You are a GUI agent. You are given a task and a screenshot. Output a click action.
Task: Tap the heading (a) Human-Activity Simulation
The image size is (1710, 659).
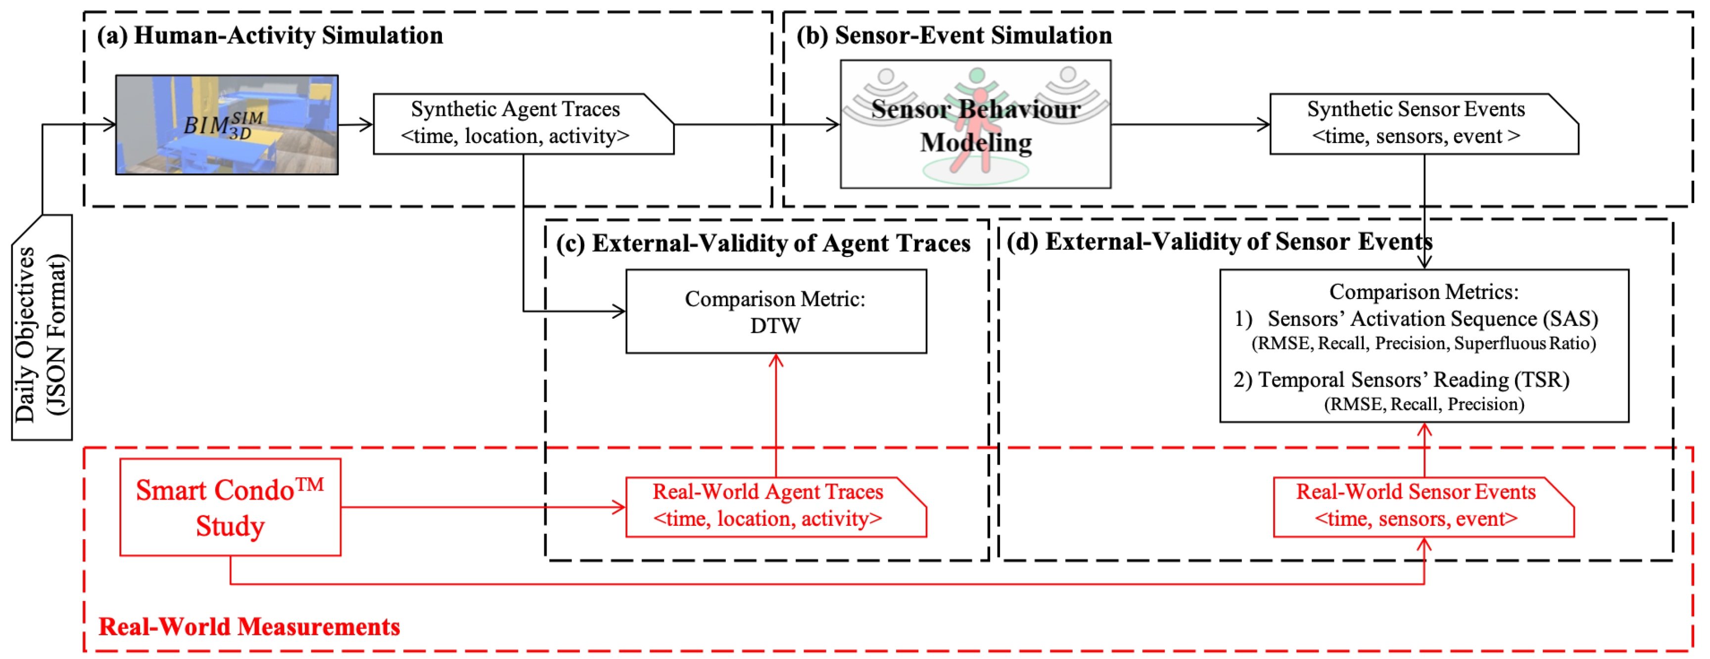(270, 35)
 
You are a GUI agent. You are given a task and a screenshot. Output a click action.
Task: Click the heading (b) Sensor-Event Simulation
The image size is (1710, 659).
(953, 35)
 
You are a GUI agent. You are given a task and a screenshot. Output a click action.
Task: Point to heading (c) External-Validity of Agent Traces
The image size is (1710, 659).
(763, 243)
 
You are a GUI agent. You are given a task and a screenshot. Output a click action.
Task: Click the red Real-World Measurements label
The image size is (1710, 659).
(249, 626)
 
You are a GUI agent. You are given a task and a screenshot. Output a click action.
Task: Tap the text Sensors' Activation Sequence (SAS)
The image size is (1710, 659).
(1432, 319)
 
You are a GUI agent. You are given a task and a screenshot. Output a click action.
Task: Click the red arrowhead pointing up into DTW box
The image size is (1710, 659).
(775, 361)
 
